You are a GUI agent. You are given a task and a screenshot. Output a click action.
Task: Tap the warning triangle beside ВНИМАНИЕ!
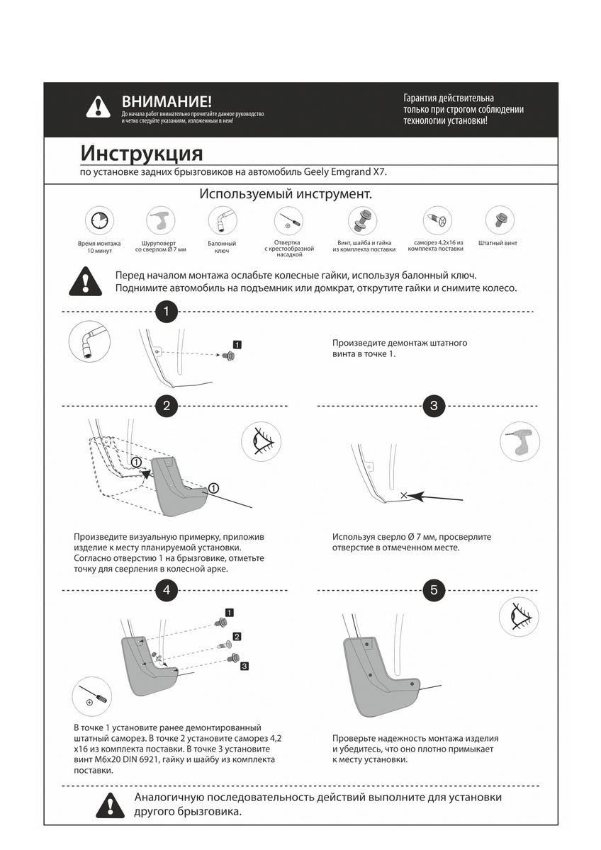coord(98,107)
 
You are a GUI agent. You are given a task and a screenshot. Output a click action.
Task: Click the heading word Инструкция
coord(141,154)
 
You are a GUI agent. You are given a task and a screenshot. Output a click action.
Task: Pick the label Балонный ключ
coord(222,246)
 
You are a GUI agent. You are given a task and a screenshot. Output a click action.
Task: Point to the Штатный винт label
coord(498,243)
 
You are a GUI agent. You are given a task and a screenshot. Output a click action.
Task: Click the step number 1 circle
coord(166,311)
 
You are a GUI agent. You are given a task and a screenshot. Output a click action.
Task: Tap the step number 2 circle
coord(166,406)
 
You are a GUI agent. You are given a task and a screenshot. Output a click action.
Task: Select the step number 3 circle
coord(434,406)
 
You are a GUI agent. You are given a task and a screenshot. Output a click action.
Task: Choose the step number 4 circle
coord(166,589)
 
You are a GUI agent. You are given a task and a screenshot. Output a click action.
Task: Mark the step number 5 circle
coord(434,589)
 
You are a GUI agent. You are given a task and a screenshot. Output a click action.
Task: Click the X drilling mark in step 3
coord(404,495)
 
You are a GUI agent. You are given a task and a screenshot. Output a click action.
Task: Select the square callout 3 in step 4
coord(244,666)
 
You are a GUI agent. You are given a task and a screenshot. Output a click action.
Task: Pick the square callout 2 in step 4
coord(237,636)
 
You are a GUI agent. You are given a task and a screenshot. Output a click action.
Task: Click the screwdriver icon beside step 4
coord(92,696)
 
